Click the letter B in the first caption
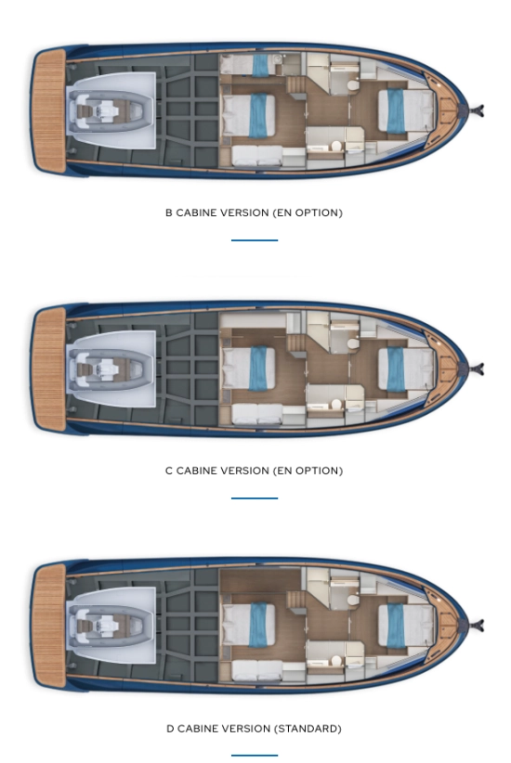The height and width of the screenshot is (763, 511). click(168, 213)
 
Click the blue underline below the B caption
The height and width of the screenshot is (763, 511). click(255, 239)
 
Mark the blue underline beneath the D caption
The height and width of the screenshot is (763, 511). click(255, 756)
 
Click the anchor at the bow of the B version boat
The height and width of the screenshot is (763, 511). click(477, 111)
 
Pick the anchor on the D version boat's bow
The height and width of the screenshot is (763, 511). click(477, 625)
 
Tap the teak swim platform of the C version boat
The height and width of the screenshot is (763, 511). click(48, 369)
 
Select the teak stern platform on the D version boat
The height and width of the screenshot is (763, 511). click(48, 626)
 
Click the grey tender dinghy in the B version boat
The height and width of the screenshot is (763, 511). click(111, 111)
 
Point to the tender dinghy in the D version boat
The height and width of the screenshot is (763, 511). click(111, 626)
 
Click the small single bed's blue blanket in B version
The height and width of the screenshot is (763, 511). click(260, 65)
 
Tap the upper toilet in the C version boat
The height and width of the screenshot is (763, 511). click(353, 344)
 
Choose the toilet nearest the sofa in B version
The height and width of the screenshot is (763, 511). click(336, 146)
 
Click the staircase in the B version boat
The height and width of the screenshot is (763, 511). click(296, 85)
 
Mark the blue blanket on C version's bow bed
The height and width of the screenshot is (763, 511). click(396, 369)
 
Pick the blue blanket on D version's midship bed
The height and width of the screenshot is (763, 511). click(258, 625)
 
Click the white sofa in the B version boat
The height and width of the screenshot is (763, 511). click(257, 156)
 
